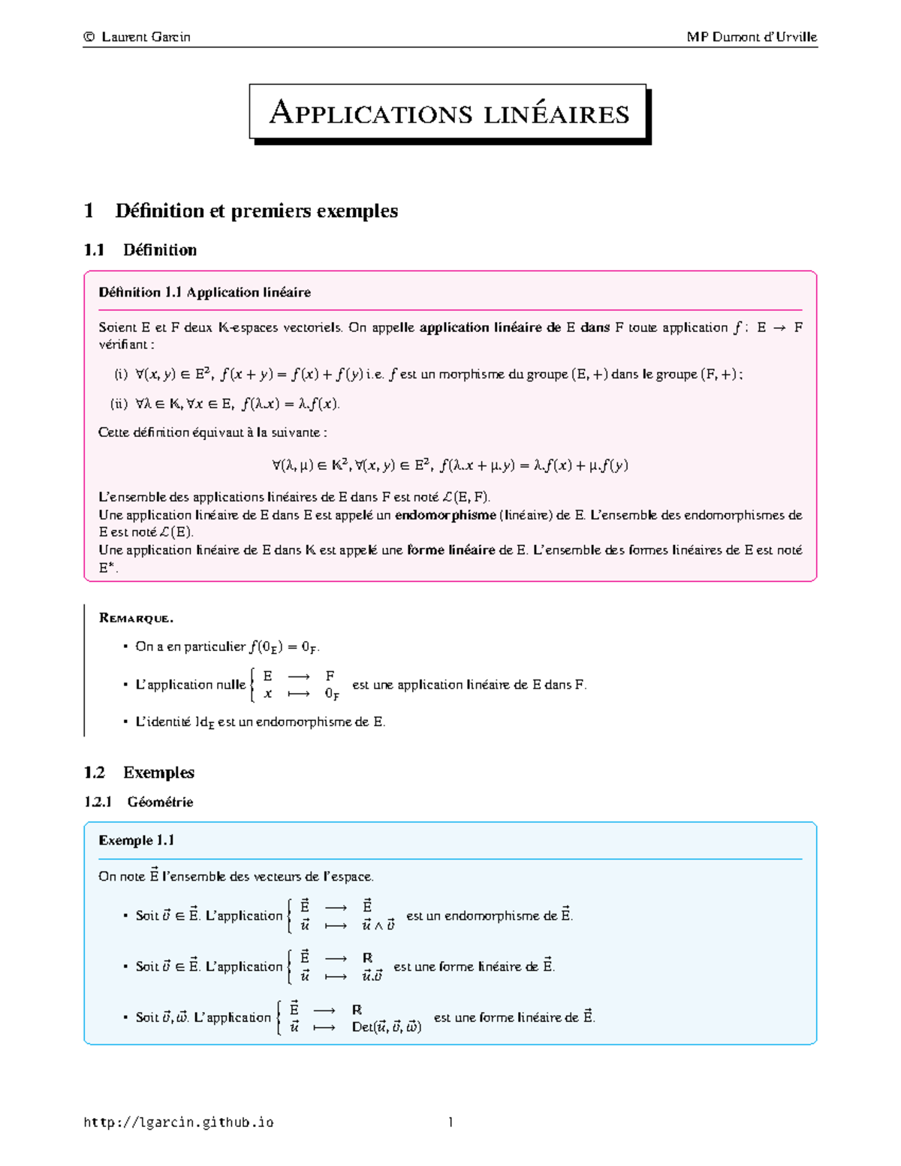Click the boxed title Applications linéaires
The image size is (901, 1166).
(x=449, y=113)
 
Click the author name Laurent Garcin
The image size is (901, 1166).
(x=146, y=37)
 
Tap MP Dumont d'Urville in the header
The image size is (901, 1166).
(x=752, y=37)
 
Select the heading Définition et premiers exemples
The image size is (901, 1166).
(x=256, y=211)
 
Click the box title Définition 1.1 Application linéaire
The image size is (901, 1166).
(x=204, y=292)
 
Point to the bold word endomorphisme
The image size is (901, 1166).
(x=445, y=515)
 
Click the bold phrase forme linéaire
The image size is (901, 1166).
(x=450, y=550)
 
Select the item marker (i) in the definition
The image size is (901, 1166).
(x=121, y=374)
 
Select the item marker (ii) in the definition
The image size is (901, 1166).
(x=119, y=404)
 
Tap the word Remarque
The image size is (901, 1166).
(x=136, y=618)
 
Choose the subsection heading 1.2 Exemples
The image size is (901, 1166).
(x=139, y=773)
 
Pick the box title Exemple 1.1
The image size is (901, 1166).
(x=136, y=840)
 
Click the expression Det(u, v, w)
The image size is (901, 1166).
(x=386, y=1027)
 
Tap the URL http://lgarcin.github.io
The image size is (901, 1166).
(x=179, y=1122)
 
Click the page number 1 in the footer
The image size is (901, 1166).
(x=450, y=1122)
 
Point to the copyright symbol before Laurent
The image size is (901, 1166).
(x=89, y=37)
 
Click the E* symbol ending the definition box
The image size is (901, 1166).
(x=107, y=568)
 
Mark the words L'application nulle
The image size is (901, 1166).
(x=190, y=685)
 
